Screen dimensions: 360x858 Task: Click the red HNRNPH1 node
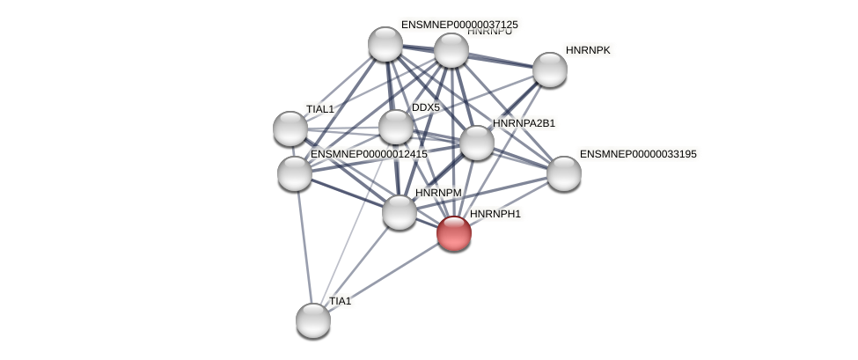click(454, 233)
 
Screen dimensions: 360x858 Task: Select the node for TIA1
click(313, 320)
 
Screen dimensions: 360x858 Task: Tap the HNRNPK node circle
click(550, 70)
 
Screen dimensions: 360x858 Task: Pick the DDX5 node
click(396, 127)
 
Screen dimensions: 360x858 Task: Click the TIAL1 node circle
click(290, 129)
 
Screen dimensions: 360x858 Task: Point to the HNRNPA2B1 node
click(477, 143)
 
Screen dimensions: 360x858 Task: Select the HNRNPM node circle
click(400, 212)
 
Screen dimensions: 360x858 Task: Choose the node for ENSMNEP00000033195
click(564, 173)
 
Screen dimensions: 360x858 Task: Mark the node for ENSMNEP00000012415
click(295, 173)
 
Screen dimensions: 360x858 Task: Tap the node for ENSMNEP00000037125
click(385, 44)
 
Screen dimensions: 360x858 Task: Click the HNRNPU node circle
click(451, 50)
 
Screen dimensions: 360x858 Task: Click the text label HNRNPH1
click(495, 214)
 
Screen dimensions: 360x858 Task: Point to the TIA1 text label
click(340, 301)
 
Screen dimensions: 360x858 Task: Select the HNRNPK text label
click(588, 50)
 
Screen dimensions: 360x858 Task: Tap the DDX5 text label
click(426, 107)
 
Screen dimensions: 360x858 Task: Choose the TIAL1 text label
click(320, 109)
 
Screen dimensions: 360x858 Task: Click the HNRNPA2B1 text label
click(524, 123)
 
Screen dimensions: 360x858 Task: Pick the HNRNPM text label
click(438, 193)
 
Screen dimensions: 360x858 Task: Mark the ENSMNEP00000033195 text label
click(638, 154)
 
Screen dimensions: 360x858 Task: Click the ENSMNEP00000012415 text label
click(369, 154)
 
